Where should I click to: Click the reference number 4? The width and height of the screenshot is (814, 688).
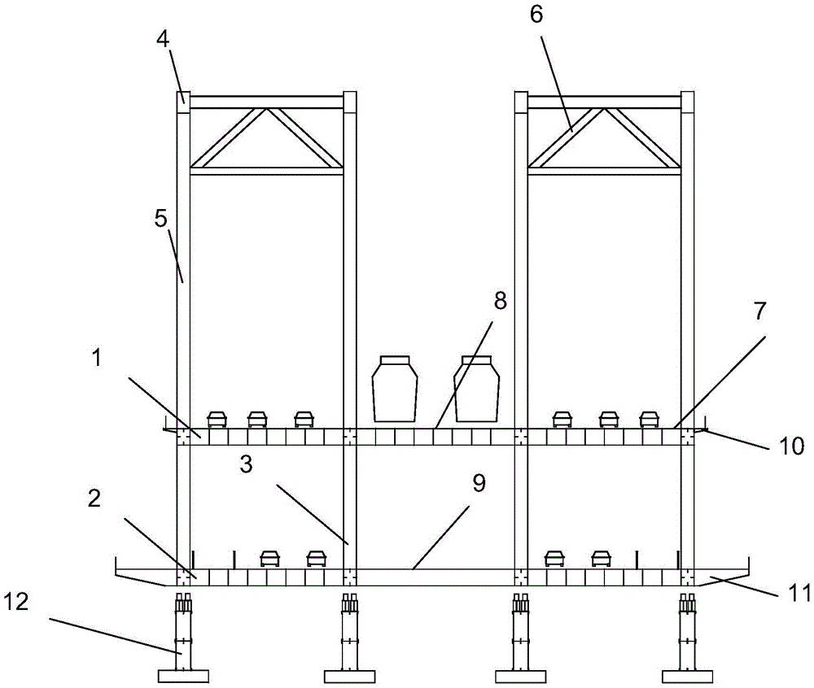(x=164, y=39)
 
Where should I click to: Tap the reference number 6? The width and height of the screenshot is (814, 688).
(x=536, y=15)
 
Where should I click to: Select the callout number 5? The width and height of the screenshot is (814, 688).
(x=161, y=219)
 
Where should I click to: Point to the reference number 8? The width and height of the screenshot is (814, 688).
(x=500, y=301)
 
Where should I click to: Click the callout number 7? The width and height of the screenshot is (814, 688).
(x=759, y=311)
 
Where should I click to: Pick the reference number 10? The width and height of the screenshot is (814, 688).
(x=792, y=446)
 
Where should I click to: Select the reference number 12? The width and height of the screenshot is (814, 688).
(x=15, y=603)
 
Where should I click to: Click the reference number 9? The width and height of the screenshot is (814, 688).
(x=479, y=483)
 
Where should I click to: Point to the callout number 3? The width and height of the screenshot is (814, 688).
(x=246, y=464)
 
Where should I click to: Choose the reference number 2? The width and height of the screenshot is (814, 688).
(x=94, y=499)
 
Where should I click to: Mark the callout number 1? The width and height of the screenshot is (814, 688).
(x=96, y=359)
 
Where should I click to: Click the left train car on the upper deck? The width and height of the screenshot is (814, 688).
(x=395, y=389)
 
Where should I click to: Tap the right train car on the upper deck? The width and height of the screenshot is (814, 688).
(x=476, y=389)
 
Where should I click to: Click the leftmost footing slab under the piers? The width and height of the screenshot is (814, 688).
(x=183, y=676)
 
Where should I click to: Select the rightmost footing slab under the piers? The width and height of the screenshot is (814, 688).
(x=688, y=676)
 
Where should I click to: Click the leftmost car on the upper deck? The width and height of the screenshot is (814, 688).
(x=217, y=420)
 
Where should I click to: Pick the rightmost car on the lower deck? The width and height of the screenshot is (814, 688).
(x=602, y=559)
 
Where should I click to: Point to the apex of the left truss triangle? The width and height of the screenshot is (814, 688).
(x=267, y=108)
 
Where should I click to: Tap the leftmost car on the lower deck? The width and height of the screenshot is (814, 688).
(x=270, y=559)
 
